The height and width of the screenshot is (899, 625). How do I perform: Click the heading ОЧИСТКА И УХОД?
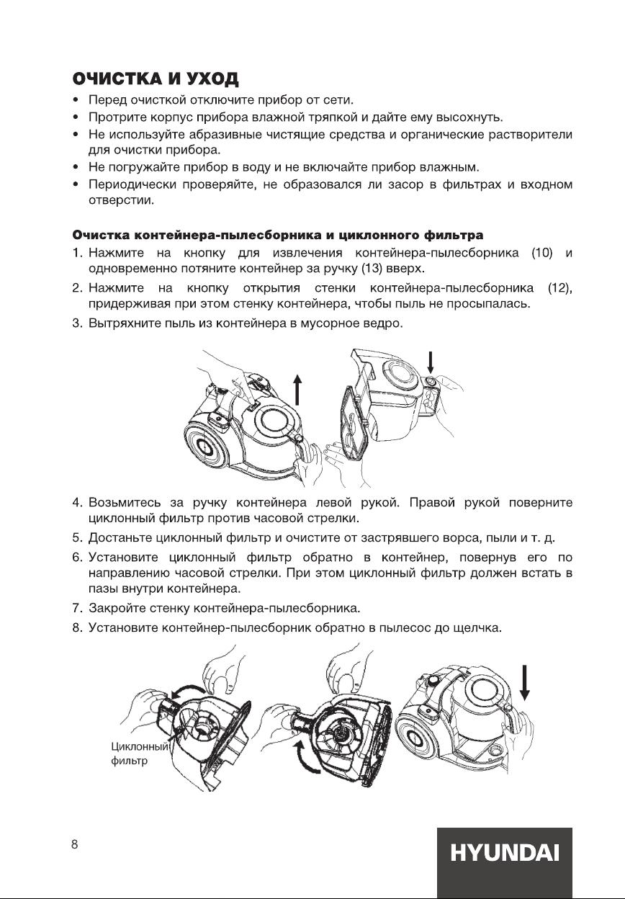(155, 78)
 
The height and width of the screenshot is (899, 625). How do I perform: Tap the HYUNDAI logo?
(504, 854)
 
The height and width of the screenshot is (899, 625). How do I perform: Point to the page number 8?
(74, 845)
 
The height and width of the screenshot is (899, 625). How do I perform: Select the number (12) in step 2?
(559, 289)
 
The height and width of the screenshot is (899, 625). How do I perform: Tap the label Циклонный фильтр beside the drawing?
(138, 753)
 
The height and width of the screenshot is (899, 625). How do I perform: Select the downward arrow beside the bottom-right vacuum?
(526, 681)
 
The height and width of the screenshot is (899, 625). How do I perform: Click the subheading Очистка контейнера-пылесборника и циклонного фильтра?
(277, 235)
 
